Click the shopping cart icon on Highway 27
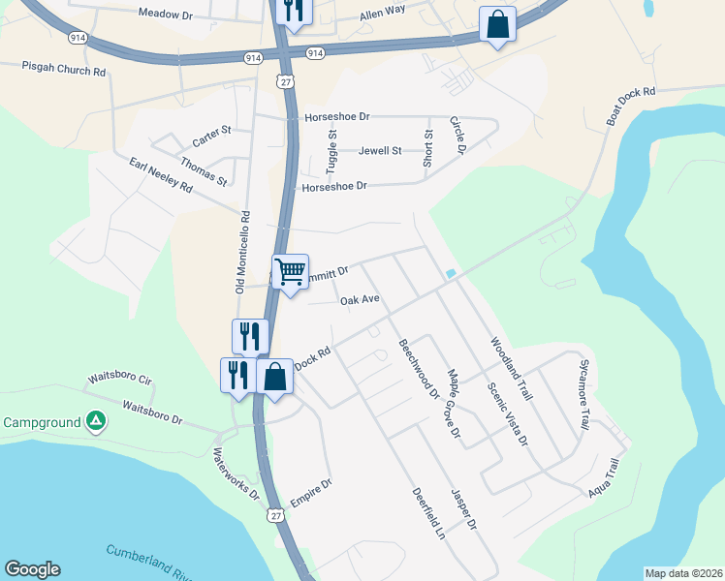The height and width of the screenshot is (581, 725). pos(290,272)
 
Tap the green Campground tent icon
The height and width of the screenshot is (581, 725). pos(95,421)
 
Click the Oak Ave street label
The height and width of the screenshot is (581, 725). pos(360,300)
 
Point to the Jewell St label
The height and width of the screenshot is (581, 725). pos(380,151)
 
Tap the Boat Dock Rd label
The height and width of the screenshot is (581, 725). pos(631,106)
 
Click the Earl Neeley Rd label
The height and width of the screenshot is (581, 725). pos(161,178)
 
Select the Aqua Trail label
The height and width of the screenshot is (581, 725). pos(604,479)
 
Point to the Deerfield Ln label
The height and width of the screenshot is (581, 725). pos(426,511)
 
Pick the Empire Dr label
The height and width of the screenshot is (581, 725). pos(312,497)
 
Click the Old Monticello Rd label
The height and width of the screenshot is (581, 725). pos(243,253)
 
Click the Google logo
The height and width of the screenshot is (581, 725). pos(32,569)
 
